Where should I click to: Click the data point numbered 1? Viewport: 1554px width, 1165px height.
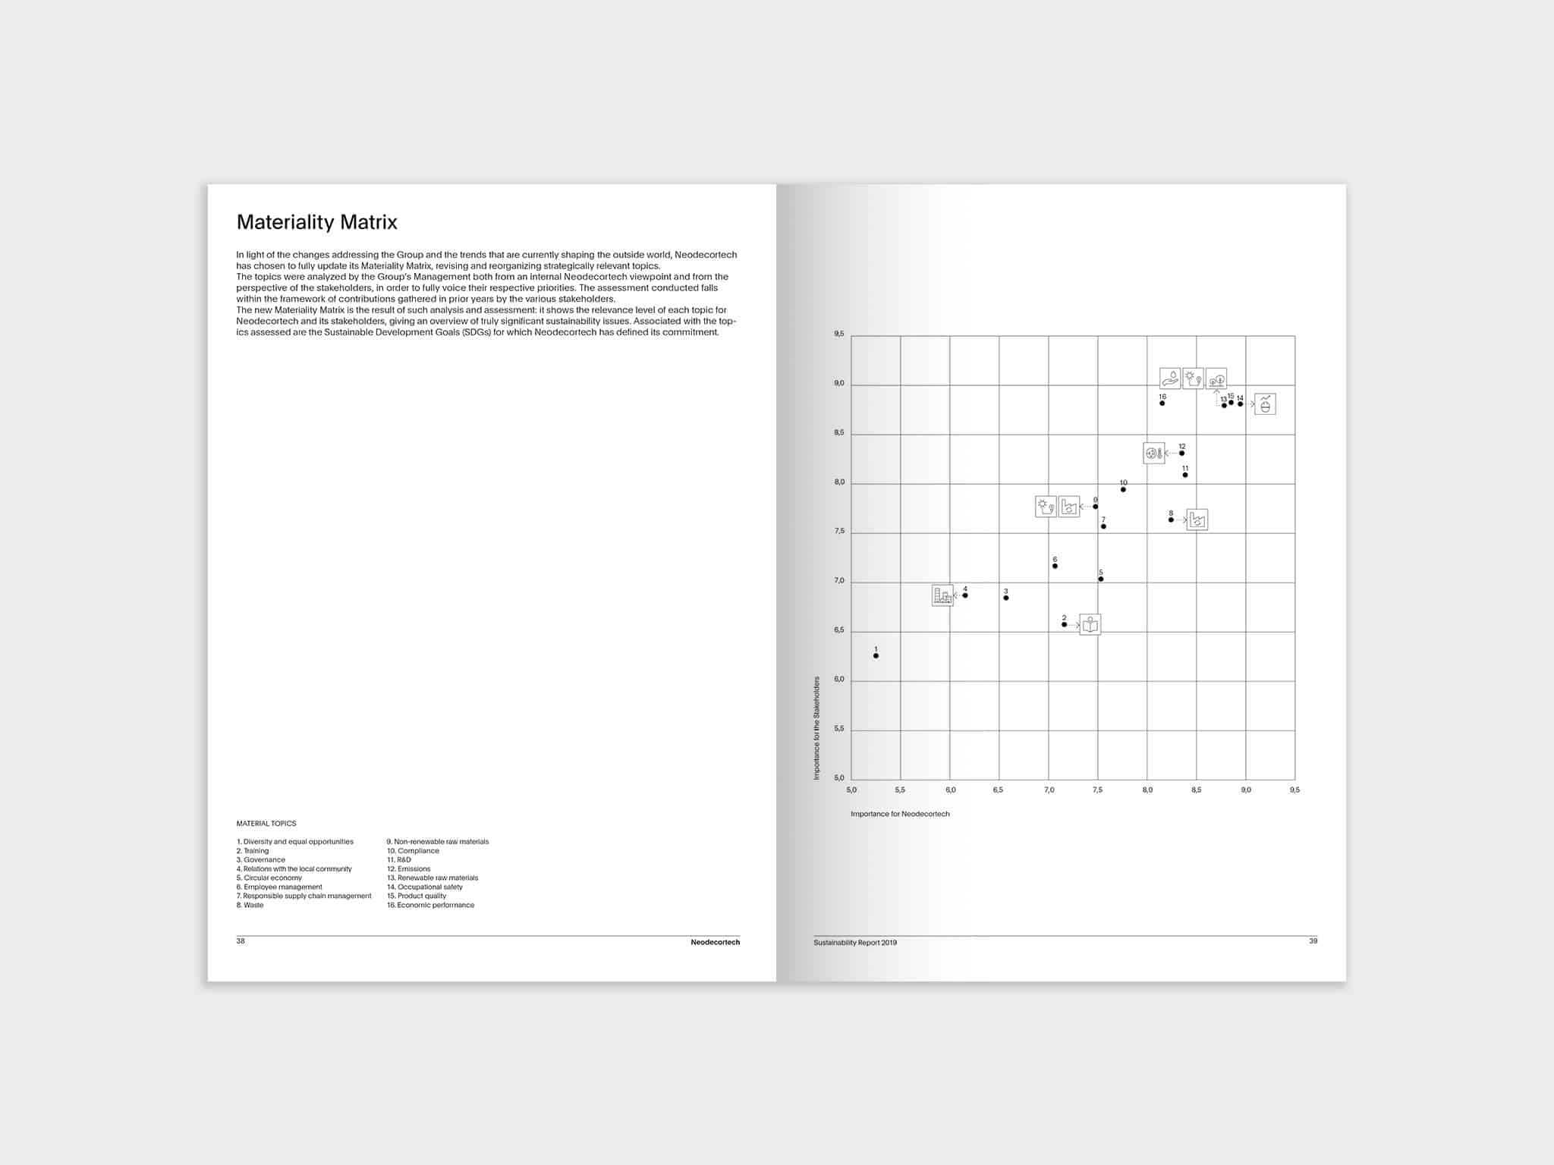click(x=876, y=655)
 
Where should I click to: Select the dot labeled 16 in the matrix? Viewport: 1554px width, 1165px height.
click(x=1162, y=404)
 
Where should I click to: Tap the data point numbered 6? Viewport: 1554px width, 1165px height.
click(x=1055, y=566)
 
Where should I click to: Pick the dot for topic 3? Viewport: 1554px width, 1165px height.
click(x=1006, y=598)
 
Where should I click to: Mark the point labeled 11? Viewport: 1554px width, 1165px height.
click(x=1185, y=475)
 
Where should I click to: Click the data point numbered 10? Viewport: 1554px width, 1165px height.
click(x=1123, y=489)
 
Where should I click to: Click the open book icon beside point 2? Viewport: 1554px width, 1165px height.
click(x=1090, y=624)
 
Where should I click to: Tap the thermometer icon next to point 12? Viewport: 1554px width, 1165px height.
click(x=1154, y=453)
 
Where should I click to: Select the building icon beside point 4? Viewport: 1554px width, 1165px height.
click(x=942, y=595)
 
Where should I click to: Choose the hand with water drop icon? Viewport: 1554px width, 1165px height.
click(x=1170, y=378)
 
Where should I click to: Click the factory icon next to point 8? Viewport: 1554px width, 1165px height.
click(x=1197, y=520)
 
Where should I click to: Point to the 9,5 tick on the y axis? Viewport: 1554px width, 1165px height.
click(x=838, y=334)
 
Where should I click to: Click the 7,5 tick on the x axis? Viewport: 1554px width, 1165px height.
click(x=1098, y=790)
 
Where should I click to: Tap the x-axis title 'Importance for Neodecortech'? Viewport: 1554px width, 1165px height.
click(x=900, y=814)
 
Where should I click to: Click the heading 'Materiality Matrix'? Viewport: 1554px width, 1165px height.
click(x=316, y=222)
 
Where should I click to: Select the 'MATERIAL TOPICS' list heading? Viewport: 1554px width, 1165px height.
click(x=266, y=824)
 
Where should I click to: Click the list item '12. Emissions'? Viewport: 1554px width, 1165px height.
click(x=409, y=869)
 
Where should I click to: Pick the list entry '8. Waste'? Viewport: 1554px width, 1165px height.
click(x=250, y=905)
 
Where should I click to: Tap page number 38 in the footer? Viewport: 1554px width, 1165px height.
click(x=241, y=941)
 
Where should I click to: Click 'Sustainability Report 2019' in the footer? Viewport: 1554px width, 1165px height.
click(x=855, y=943)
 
